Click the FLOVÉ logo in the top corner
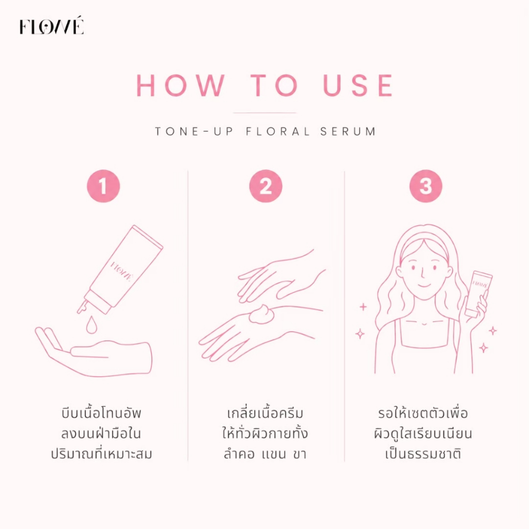point(51,26)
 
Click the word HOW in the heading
point(180,85)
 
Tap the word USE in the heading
point(358,85)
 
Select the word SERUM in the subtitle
point(348,131)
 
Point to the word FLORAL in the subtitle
point(277,131)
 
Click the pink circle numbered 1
point(103,186)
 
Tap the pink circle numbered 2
point(266,186)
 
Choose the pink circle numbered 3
point(426,186)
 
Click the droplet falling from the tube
point(91,324)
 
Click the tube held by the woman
point(478,293)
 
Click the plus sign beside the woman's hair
point(363,307)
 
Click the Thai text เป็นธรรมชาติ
point(423,454)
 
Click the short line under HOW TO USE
point(264,113)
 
